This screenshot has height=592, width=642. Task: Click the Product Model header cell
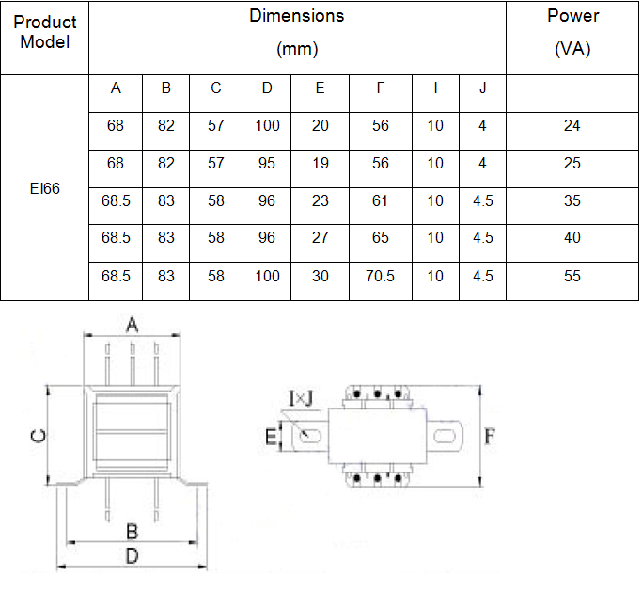(44, 31)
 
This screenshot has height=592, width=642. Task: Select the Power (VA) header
(572, 32)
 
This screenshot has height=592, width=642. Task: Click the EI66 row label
(44, 188)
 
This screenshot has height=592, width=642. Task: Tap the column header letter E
(321, 88)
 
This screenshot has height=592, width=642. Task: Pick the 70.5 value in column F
(380, 277)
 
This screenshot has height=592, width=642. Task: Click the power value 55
(572, 277)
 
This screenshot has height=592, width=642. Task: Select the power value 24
(572, 126)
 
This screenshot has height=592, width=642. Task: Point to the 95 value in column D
(267, 164)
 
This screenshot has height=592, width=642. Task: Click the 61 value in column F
(380, 201)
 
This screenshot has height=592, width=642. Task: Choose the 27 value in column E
(321, 239)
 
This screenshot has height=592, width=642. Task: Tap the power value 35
(572, 201)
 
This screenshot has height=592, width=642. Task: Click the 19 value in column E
(321, 164)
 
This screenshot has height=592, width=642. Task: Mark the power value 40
(572, 239)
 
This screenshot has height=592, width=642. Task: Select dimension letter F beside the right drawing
(490, 436)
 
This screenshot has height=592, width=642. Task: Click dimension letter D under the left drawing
(133, 556)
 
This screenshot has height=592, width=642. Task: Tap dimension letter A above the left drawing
(133, 326)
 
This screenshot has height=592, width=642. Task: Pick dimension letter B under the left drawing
(133, 532)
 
